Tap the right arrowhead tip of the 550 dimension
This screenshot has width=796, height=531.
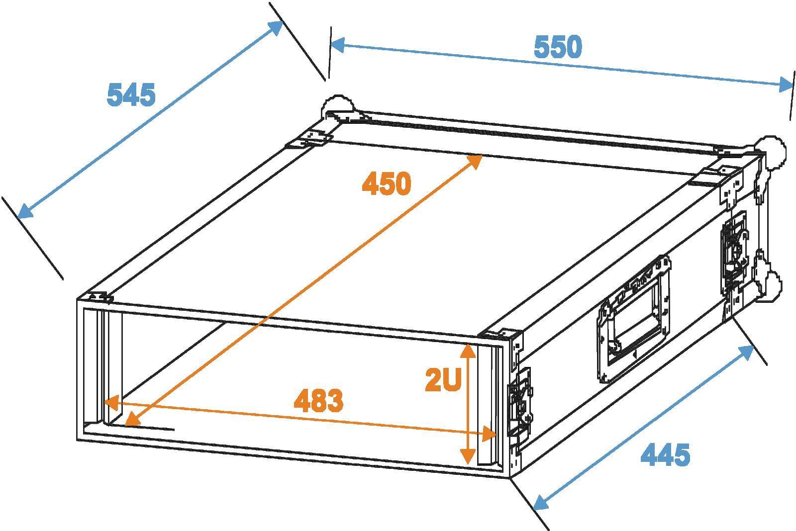[x=793, y=86]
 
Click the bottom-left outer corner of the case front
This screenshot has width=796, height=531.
[x=77, y=441]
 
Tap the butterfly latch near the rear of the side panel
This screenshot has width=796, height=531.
[x=734, y=253]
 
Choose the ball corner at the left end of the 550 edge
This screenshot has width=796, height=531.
[x=338, y=107]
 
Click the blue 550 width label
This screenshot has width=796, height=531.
[x=558, y=47]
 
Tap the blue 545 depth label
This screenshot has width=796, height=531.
[x=131, y=94]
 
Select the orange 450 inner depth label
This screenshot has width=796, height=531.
[x=387, y=183]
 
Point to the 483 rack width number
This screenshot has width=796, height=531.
[x=319, y=400]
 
